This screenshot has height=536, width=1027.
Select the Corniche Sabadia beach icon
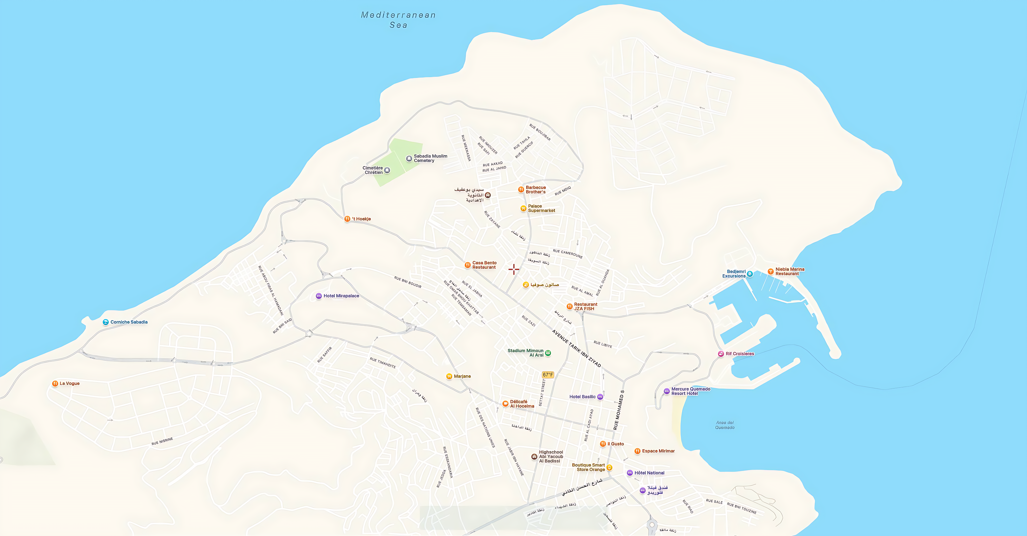106,322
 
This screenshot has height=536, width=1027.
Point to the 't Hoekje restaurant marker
347,219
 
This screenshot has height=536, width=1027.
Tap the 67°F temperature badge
548,375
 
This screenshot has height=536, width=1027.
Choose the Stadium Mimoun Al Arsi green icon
548,353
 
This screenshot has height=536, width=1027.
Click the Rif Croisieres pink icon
721,354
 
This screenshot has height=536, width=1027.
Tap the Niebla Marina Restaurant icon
771,271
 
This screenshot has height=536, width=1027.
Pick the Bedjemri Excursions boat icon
749,274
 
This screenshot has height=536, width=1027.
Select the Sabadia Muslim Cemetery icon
409,159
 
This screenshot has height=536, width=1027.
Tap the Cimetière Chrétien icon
387,170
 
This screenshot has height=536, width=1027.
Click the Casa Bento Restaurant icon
467,265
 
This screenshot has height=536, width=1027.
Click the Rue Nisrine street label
162,441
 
